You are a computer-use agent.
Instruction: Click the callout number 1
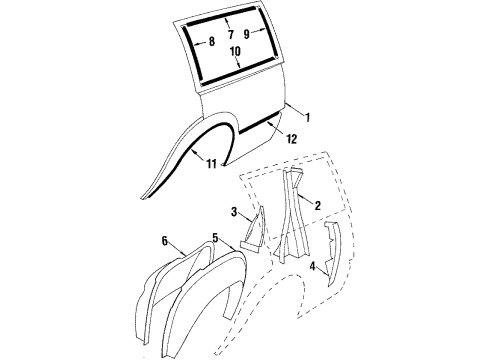pos(309,118)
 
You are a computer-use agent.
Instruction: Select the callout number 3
pos(233,212)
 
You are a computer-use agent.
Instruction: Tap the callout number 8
pos(212,43)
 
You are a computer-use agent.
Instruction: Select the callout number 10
pos(236,51)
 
